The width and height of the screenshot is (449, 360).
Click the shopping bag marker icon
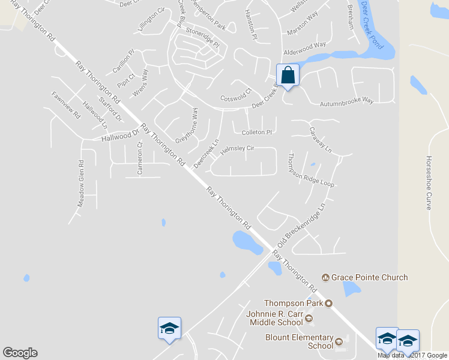pyautogui.click(x=288, y=76)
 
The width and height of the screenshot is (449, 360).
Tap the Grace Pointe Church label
pyautogui.click(x=369, y=277)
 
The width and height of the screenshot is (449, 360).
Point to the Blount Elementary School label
pyautogui.click(x=299, y=341)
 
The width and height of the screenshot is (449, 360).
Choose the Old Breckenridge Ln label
pyautogui.click(x=300, y=227)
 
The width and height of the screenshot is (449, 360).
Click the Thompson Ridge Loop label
pyautogui.click(x=310, y=170)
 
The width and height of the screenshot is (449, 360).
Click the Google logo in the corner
pyautogui.click(x=20, y=353)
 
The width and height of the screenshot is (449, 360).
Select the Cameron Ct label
pyautogui.click(x=140, y=158)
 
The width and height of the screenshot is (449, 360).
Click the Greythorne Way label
pyautogui.click(x=185, y=125)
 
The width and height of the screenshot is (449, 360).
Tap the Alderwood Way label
pyautogui.click(x=304, y=45)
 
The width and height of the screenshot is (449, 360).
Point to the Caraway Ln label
pyautogui.click(x=320, y=140)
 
